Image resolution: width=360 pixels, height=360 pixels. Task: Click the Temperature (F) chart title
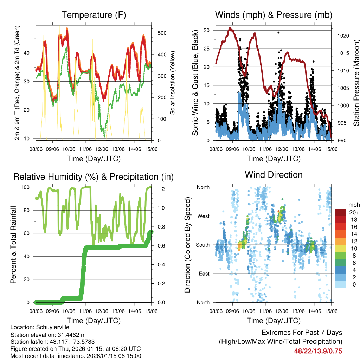point(94,15)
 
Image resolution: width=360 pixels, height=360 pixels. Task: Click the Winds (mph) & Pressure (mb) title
point(274,15)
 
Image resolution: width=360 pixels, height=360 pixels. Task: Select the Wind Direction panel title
point(274,174)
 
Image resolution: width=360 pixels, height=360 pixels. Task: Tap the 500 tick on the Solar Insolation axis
point(162,33)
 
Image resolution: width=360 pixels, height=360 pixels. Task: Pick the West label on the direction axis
point(203,216)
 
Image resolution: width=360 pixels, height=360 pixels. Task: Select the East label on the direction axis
point(204,274)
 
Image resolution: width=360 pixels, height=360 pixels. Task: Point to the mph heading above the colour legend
point(353,205)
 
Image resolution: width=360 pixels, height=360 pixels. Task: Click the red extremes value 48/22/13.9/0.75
point(318,351)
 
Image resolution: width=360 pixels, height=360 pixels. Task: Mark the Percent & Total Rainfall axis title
point(13,245)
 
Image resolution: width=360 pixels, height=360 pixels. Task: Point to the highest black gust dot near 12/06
point(278,32)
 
